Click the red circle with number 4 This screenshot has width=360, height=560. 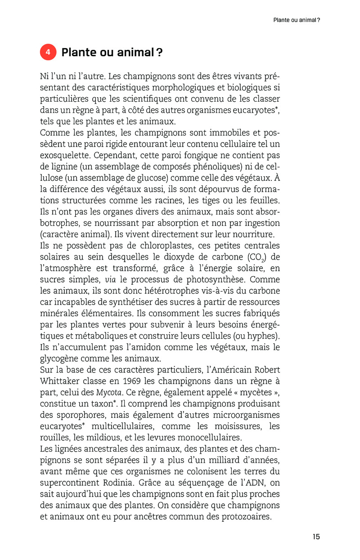tap(48, 53)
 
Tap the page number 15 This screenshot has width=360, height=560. tap(316, 537)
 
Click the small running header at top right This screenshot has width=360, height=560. tap(297, 20)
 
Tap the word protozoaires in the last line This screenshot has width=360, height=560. tap(246, 517)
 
